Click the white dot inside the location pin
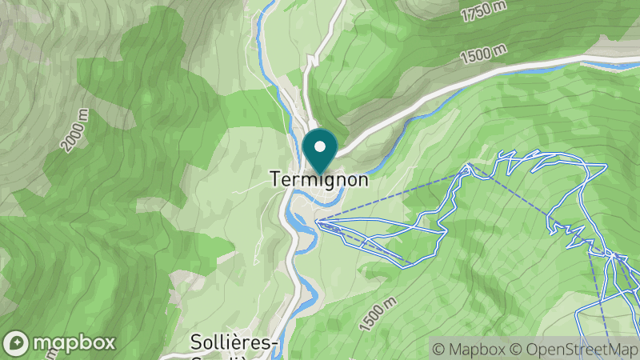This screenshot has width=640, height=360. [x=321, y=146]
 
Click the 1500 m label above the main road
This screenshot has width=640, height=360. [x=483, y=54]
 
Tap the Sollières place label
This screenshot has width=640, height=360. [x=234, y=342]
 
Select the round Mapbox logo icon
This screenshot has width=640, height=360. [x=16, y=342]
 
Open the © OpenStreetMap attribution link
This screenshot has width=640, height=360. [x=574, y=349]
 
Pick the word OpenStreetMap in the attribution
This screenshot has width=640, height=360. [x=582, y=349]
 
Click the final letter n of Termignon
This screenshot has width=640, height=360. [x=363, y=180]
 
